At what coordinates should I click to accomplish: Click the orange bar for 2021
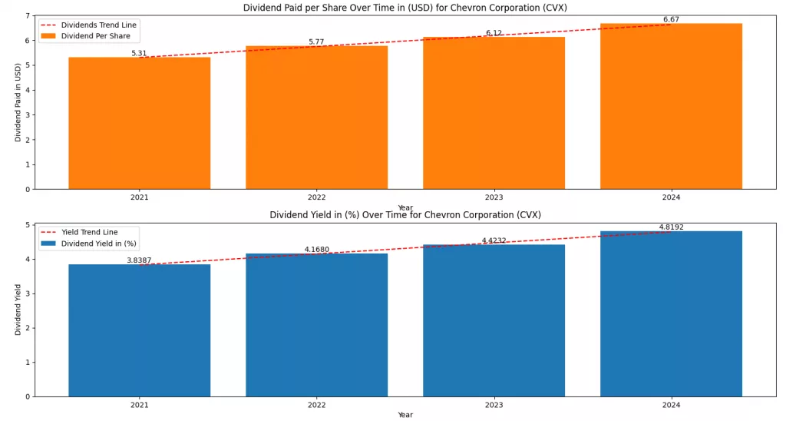pyautogui.click(x=139, y=123)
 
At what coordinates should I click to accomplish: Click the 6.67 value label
pyautogui.click(x=671, y=20)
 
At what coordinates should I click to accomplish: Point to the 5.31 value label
pyautogui.click(x=139, y=54)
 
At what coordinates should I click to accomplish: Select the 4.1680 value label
pyautogui.click(x=316, y=250)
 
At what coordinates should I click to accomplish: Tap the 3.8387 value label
pyautogui.click(x=139, y=261)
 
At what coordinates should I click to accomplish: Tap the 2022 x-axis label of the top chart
pyautogui.click(x=316, y=197)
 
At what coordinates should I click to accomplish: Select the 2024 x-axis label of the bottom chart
pyautogui.click(x=671, y=405)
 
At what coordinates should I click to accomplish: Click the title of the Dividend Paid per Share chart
pyautogui.click(x=405, y=8)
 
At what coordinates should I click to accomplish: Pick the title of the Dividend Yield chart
pyautogui.click(x=405, y=215)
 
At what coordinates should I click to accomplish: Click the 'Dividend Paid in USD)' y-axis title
pyautogui.click(x=18, y=102)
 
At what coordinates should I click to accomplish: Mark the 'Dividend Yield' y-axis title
pyautogui.click(x=18, y=310)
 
